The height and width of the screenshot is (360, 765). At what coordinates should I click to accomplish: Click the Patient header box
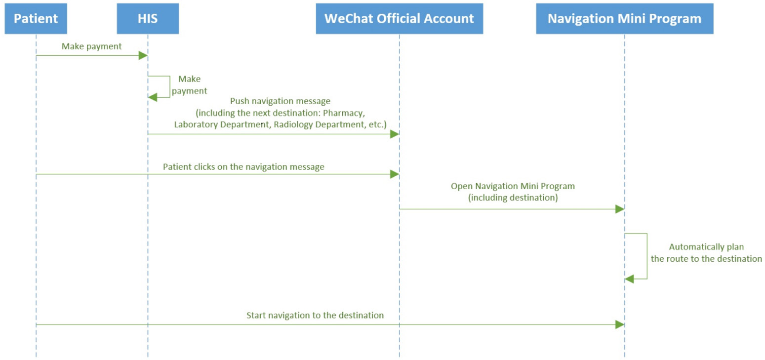tap(36, 19)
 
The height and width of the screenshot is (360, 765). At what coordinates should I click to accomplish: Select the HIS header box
tap(148, 19)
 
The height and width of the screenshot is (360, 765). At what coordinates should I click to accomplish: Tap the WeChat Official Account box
tap(399, 19)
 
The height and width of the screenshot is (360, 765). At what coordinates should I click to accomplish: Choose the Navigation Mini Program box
tap(624, 19)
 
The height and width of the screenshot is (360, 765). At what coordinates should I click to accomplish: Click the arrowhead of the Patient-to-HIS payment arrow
tap(143, 55)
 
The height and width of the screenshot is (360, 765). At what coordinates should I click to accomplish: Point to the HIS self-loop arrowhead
tap(153, 97)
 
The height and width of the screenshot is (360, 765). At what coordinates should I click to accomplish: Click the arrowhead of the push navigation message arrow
tap(395, 134)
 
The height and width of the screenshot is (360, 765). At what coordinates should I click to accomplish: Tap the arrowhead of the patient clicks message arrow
tap(395, 174)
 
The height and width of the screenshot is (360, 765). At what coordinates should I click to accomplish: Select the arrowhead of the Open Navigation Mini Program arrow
tap(620, 209)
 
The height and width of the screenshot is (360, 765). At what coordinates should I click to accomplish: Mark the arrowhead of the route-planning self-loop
tap(629, 279)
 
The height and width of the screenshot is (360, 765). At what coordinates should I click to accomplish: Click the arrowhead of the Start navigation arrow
tap(620, 324)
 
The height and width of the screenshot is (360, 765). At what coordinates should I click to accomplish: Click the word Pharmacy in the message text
tap(344, 113)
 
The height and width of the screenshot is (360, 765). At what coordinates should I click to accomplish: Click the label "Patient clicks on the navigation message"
tap(243, 167)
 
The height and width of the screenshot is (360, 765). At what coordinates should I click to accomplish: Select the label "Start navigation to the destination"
tap(315, 315)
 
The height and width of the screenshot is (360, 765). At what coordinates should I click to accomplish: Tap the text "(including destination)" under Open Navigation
tap(513, 198)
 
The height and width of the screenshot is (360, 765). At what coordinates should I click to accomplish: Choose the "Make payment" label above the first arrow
tap(91, 46)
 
